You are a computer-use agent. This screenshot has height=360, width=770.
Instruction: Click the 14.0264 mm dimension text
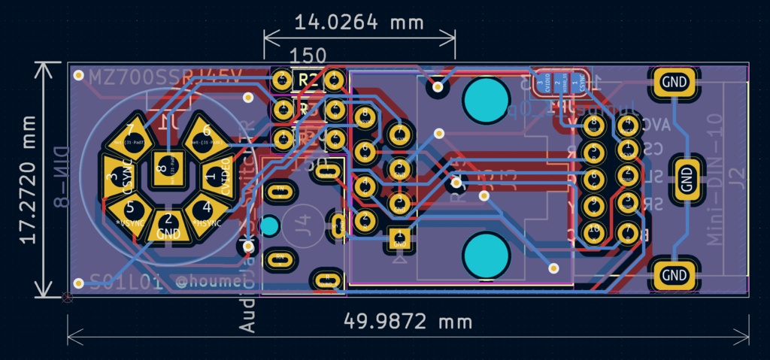pyautogui.click(x=359, y=22)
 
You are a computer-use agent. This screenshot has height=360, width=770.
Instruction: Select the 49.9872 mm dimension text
pyautogui.click(x=408, y=321)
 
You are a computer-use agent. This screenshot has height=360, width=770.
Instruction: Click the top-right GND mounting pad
pyautogui.click(x=675, y=81)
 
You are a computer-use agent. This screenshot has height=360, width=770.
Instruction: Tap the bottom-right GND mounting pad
pyautogui.click(x=675, y=275)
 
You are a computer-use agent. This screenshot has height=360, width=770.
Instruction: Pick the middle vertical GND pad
pyautogui.click(x=686, y=178)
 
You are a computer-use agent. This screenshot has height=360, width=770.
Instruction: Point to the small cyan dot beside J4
pyautogui.click(x=269, y=225)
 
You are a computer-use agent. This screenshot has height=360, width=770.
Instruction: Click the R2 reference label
pyautogui.click(x=308, y=79)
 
